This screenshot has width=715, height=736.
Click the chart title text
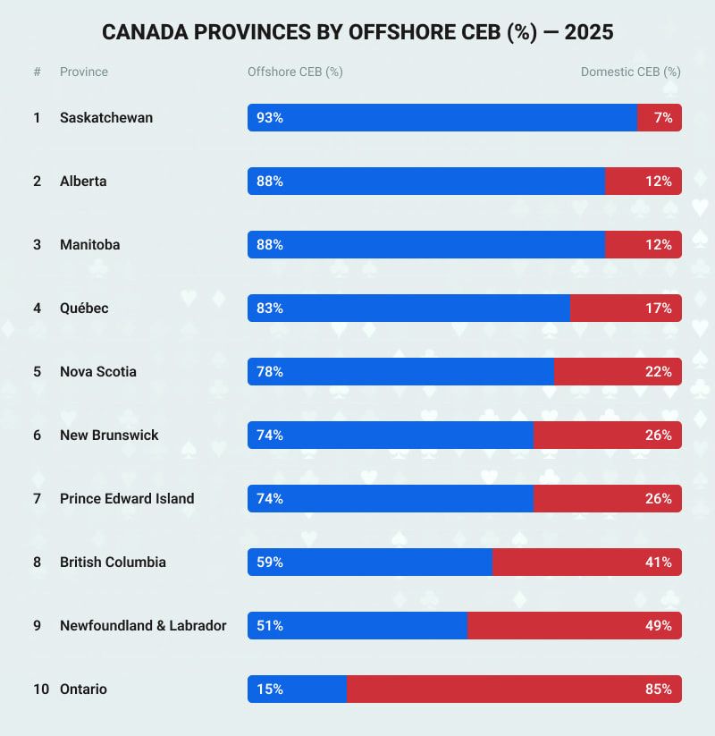pos(357,33)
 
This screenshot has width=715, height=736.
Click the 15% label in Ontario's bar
pos(270,689)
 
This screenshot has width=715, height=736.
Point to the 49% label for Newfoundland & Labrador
pos(659,626)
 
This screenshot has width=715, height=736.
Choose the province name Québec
pos(84,309)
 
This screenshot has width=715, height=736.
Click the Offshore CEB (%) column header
pos(295,72)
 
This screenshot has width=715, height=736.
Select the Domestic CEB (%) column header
pos(631,72)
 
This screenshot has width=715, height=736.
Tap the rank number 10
pos(41,689)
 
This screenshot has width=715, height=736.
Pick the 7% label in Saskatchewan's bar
pos(663,118)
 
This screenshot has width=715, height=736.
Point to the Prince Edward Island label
pos(127,499)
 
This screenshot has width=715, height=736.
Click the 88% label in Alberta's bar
pos(270,182)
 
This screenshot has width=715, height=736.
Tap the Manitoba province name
pos(89,245)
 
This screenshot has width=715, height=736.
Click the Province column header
pos(84,72)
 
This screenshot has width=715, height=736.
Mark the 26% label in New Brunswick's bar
pos(659,436)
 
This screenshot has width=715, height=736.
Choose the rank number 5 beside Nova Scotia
pos(37,372)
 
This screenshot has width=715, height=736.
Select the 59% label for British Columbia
pos(270,563)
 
